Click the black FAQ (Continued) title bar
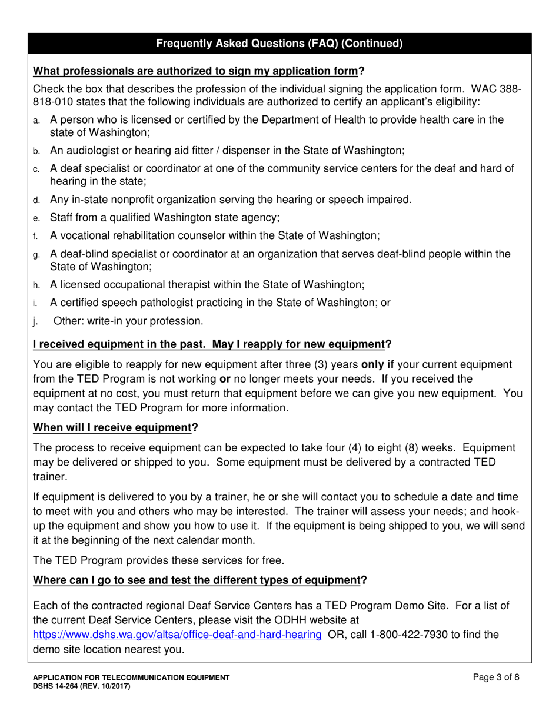(279, 43)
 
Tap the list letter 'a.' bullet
(36, 121)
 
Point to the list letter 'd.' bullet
(36, 200)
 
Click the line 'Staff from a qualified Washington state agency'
(165, 217)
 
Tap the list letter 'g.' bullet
(36, 255)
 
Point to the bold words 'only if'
(377, 364)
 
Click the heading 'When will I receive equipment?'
(115, 427)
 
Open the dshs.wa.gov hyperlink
(177, 634)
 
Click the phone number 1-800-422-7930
(411, 634)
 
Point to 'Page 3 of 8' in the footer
(496, 677)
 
